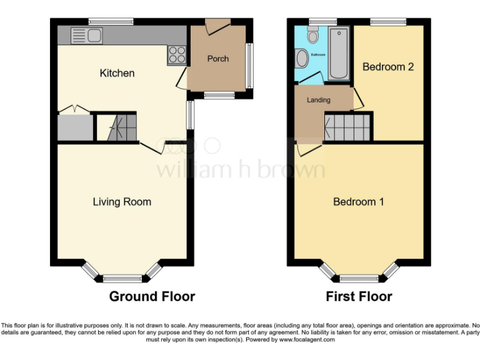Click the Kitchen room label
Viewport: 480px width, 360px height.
117,73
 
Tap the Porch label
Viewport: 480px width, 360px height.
218,59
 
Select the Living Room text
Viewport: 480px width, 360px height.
122,202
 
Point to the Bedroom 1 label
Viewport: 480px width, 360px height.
358,202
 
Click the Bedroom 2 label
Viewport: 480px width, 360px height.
388,66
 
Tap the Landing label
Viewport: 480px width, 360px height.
318,100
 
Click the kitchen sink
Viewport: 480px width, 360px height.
87,36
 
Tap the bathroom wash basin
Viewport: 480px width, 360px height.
302,59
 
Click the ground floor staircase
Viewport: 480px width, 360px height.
117,128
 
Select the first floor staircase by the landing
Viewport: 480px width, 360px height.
347,128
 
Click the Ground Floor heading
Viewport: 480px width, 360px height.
152,296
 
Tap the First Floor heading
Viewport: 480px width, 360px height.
359,296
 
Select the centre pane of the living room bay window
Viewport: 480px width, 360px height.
122,279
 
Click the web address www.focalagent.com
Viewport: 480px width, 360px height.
306,340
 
